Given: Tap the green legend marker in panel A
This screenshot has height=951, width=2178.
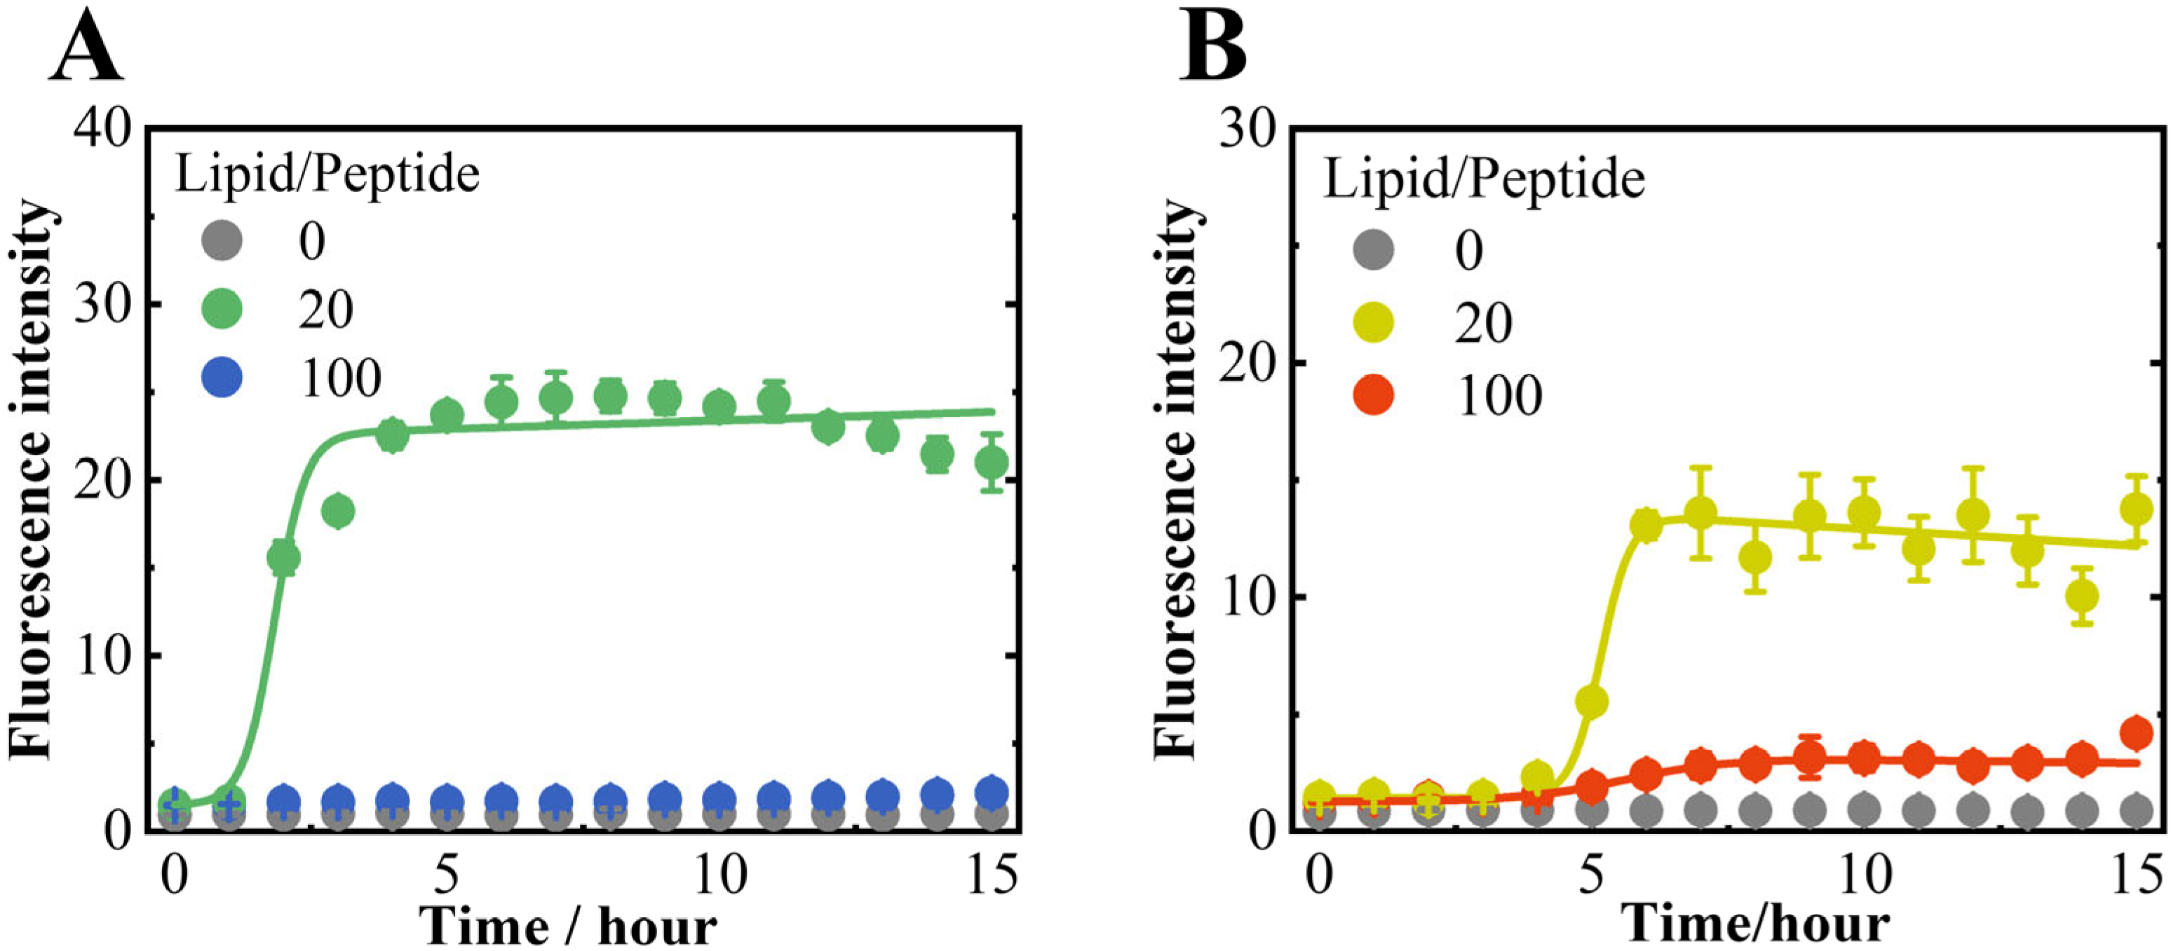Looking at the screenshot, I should click(x=222, y=308).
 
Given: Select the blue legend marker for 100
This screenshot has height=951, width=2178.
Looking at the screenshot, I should click(x=222, y=377).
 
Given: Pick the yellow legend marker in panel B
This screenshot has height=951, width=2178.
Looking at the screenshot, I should click(x=1374, y=322).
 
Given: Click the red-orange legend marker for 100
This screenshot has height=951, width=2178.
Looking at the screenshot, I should click(x=1374, y=395).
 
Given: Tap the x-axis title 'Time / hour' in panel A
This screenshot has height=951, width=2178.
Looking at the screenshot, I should click(x=568, y=926).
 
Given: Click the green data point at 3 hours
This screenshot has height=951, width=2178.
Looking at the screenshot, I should click(x=338, y=511).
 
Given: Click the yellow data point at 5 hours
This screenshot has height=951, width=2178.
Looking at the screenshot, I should click(x=1592, y=701).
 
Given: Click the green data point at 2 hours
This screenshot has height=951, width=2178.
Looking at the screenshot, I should click(x=283, y=558).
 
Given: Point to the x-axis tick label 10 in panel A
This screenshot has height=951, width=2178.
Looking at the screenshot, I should click(x=719, y=877).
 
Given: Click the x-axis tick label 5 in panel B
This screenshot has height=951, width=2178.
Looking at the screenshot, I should click(x=1592, y=877).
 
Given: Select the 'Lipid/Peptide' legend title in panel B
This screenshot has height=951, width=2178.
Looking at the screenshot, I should click(x=1484, y=179).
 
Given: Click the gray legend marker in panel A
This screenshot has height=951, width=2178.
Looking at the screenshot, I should click(x=222, y=241).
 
